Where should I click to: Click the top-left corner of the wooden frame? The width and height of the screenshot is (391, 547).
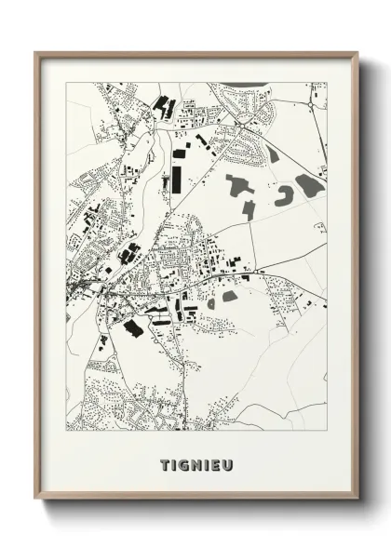pyautogui.click(x=36, y=53)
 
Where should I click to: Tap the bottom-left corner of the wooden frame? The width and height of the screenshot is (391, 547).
pyautogui.click(x=36, y=500)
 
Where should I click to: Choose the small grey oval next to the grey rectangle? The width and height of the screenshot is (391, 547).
pyautogui.click(x=211, y=302)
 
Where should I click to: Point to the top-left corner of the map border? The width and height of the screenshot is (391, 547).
pyautogui.click(x=66, y=83)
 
